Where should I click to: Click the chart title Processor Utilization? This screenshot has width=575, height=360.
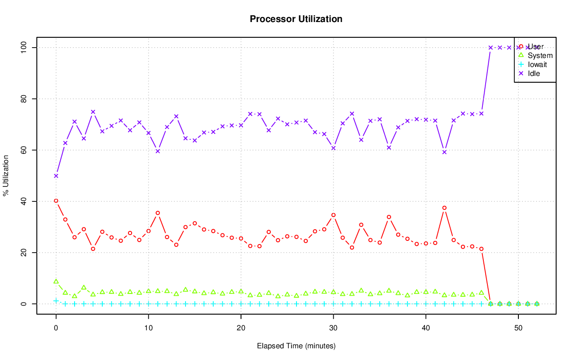click(x=296, y=19)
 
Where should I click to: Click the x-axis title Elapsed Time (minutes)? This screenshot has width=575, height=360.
click(x=296, y=346)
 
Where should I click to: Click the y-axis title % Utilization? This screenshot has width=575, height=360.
click(x=6, y=175)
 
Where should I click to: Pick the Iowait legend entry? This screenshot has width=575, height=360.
click(x=537, y=65)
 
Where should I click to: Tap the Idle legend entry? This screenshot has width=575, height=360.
click(x=534, y=73)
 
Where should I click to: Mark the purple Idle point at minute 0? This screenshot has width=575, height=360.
click(x=56, y=176)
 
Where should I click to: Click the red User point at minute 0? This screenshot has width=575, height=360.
click(x=56, y=201)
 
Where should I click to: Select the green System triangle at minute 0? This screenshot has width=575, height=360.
click(x=56, y=281)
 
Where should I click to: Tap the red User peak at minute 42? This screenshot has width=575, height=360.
click(x=444, y=208)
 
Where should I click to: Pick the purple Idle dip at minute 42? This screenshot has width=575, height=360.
click(x=444, y=152)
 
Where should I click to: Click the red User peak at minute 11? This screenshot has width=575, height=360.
click(x=158, y=213)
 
